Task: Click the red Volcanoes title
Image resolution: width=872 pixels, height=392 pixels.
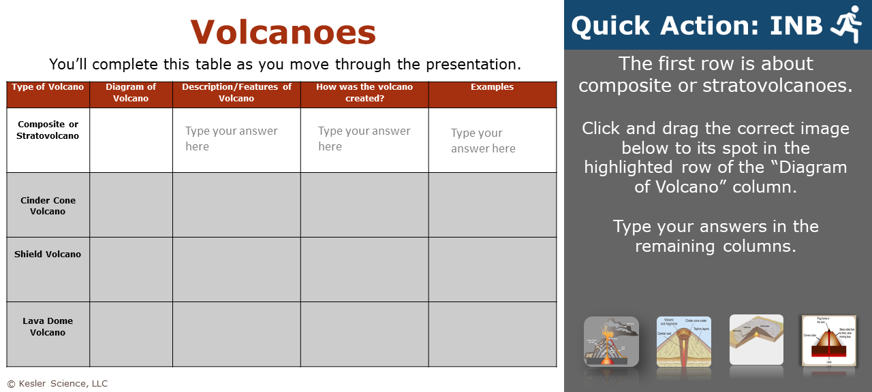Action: point(283,32)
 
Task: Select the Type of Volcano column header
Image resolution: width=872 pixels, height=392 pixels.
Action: point(48,87)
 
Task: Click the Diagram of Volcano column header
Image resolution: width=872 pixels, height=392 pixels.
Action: point(131,93)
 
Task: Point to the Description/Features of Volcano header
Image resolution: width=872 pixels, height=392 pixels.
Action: point(236,93)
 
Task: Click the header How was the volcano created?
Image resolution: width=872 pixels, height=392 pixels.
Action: point(364,93)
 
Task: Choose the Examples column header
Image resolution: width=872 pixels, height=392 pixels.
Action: point(492,87)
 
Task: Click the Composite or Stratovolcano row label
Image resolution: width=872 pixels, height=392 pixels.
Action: point(48,130)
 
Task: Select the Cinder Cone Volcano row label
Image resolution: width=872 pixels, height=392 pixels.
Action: point(48,206)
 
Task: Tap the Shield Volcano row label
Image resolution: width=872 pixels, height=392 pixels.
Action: point(48,255)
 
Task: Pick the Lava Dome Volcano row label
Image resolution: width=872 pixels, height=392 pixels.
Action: point(48,327)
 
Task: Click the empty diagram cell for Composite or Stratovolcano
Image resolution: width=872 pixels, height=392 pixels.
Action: point(131,140)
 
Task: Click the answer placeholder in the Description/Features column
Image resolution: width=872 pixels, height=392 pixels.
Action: point(231,139)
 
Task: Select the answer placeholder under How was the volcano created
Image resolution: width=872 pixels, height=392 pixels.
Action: point(364,139)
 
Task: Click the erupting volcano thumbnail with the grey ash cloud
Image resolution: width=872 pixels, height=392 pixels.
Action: point(611,341)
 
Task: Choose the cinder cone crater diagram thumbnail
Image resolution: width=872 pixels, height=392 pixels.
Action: point(684,341)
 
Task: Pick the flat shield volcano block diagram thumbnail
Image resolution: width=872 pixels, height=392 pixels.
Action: point(756,340)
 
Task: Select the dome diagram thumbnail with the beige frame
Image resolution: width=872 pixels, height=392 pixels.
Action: point(828,340)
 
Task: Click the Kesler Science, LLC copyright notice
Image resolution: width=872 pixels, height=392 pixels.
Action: point(57,384)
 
